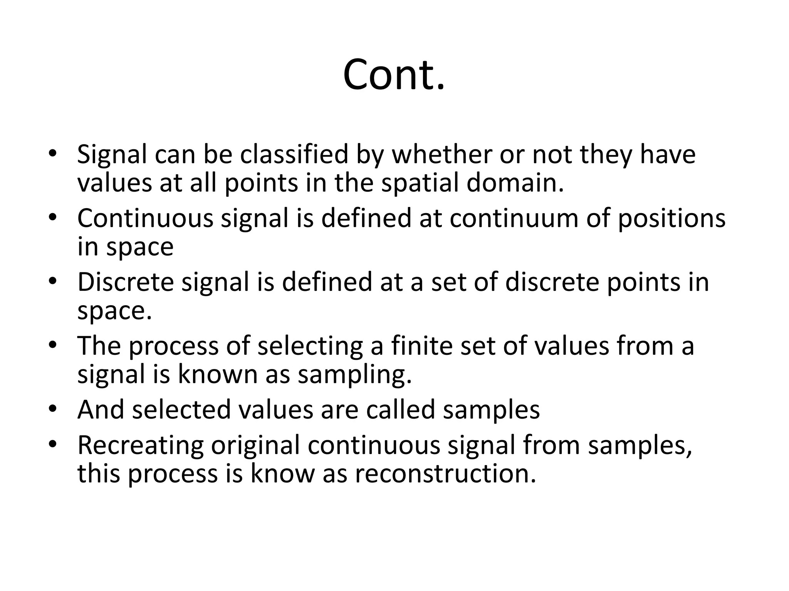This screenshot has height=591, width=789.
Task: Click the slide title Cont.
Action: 394,75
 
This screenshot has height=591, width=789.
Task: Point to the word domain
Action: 515,183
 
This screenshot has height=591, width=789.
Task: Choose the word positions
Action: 671,218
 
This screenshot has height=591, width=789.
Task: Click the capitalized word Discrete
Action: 126,282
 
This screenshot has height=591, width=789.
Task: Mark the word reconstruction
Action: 445,474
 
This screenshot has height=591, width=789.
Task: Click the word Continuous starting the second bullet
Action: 145,218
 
